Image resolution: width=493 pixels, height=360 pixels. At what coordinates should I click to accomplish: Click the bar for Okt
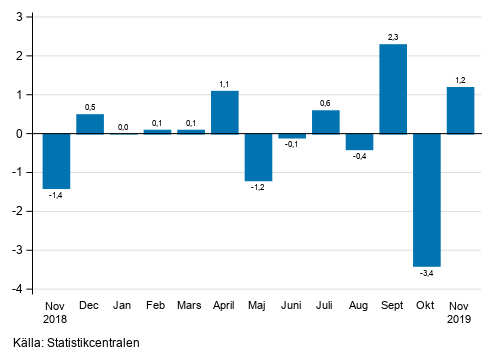(427, 199)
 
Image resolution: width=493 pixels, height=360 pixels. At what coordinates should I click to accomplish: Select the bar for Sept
(393, 88)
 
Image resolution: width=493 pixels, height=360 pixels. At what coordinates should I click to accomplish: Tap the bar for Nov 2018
(56, 160)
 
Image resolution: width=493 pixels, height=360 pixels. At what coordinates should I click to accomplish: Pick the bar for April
(225, 112)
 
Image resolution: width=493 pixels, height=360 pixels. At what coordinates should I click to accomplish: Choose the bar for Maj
(258, 156)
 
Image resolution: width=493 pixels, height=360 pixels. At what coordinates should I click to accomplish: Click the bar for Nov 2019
(460, 110)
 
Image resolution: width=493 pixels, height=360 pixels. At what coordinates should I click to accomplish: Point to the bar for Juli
(326, 121)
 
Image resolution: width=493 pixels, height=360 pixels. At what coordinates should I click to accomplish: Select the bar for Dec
(90, 123)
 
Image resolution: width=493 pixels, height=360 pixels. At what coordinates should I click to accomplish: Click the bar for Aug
(359, 141)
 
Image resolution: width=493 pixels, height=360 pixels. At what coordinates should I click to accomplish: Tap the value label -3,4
(427, 273)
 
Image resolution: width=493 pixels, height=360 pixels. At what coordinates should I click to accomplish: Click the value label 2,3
(393, 37)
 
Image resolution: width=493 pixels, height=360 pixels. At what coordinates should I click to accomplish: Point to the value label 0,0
(124, 126)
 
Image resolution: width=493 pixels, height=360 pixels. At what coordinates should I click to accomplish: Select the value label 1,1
(225, 84)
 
